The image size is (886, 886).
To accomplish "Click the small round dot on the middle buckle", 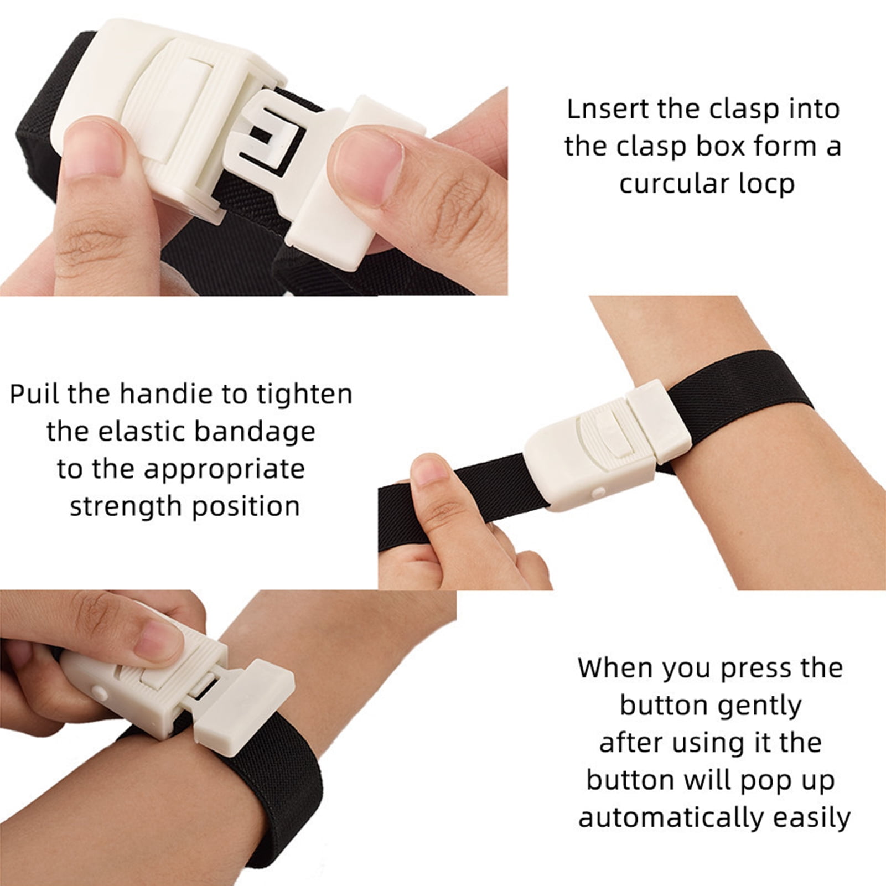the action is pos(597,491).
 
